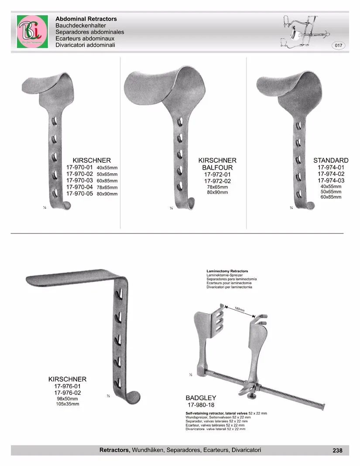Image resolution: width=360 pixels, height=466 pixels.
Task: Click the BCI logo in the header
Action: coord(32,32)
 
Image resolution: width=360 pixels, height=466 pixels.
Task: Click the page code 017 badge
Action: coord(339,45)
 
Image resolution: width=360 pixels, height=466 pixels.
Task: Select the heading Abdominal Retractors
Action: coord(86,19)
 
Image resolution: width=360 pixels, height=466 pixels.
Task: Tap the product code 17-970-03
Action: coord(79,180)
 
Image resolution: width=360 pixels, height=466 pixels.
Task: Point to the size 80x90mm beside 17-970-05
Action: coord(107,194)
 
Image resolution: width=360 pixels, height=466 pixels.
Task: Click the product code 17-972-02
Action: coord(217,181)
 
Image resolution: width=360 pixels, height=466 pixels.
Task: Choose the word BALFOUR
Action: coord(217,168)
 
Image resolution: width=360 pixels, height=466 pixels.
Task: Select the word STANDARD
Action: coord(331,161)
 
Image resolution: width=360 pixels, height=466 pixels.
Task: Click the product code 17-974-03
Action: coord(331,181)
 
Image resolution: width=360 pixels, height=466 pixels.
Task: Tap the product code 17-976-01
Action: coord(67,386)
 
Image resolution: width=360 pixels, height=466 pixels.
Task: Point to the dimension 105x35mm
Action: coord(67,404)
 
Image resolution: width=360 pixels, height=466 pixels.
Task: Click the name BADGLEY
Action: coord(201,398)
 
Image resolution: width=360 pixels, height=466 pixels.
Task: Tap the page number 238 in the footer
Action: coord(337,450)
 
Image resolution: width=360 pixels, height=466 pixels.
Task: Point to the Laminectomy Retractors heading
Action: coord(227,271)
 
